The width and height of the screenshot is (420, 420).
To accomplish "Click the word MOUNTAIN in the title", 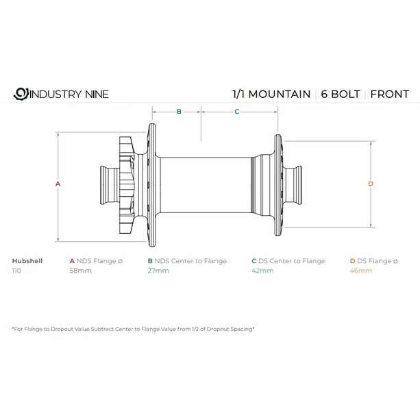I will [x=279, y=94].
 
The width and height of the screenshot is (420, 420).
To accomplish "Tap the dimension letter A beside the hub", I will [x=58, y=184].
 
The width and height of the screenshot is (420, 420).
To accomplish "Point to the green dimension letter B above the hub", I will [x=179, y=110].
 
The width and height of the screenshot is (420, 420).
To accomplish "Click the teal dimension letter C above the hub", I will [x=236, y=110].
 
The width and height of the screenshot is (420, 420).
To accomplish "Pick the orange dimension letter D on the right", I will [x=371, y=184].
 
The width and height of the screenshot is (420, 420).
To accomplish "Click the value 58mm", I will [x=80, y=271].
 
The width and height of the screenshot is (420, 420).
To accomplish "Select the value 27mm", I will [x=158, y=271].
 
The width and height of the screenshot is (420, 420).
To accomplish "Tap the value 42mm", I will [x=262, y=271].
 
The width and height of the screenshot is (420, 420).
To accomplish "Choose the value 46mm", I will [x=361, y=271].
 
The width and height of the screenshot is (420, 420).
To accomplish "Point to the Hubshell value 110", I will [x=17, y=271].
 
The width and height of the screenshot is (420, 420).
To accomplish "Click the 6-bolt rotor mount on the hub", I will [x=127, y=184].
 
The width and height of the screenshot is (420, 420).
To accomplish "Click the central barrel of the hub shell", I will [x=206, y=184].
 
